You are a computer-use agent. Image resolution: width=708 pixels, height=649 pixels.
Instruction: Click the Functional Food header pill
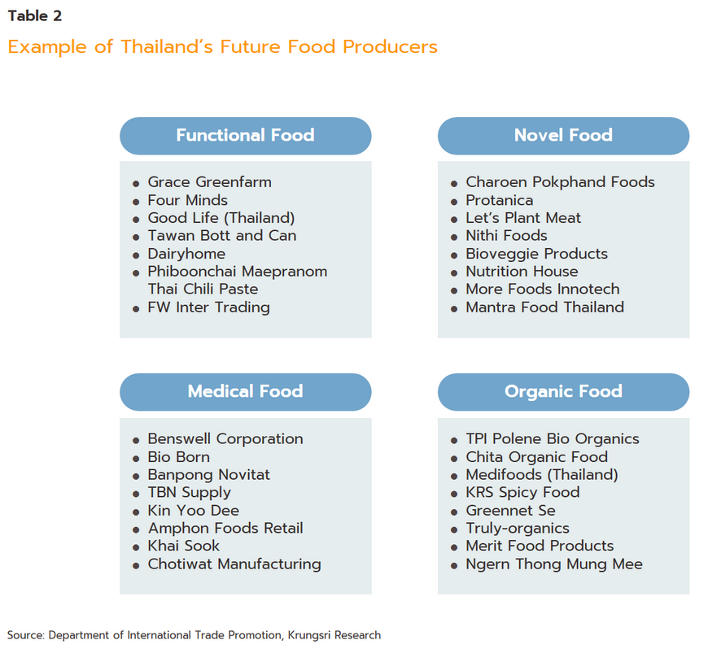point(245,136)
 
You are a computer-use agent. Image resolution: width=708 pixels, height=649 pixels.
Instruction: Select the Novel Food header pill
point(563,136)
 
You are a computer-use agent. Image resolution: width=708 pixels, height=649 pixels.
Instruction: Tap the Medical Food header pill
point(245,392)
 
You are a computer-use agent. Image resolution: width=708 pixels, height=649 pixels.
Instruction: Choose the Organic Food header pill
point(563,392)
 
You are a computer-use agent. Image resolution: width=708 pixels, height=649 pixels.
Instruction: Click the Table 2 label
point(35,15)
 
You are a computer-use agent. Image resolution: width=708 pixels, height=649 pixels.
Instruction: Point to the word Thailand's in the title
point(167,47)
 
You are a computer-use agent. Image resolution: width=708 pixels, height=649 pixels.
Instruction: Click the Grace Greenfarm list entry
point(209,182)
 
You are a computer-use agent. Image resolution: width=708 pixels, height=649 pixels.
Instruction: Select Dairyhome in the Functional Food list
point(186,254)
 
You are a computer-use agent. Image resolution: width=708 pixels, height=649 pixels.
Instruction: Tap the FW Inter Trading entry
point(208,307)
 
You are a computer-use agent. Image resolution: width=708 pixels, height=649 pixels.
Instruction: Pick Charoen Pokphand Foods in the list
point(560,182)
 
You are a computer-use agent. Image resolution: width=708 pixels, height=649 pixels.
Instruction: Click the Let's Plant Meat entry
point(523,218)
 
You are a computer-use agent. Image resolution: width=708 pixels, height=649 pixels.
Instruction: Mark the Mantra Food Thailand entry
point(544,307)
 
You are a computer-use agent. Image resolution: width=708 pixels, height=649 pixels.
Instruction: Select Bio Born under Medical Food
point(179,457)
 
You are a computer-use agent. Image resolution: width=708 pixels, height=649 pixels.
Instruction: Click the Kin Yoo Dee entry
point(193,511)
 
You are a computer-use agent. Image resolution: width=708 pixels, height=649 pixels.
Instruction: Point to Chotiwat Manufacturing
point(234,564)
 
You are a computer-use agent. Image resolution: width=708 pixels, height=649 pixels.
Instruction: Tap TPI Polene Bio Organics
point(553,439)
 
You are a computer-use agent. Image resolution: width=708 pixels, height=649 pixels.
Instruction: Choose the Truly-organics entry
point(518,529)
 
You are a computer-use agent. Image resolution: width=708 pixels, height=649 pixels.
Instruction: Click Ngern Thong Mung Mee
point(554,564)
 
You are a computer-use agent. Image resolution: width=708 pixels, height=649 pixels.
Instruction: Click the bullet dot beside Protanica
point(454,202)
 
